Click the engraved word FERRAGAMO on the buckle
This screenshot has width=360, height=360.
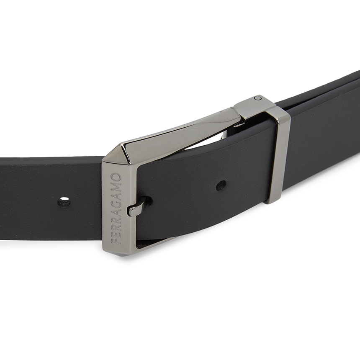[116, 209]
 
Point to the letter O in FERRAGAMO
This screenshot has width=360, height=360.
[116, 177]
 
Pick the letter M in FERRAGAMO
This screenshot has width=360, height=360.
[116, 186]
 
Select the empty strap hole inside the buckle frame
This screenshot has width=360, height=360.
[221, 185]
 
